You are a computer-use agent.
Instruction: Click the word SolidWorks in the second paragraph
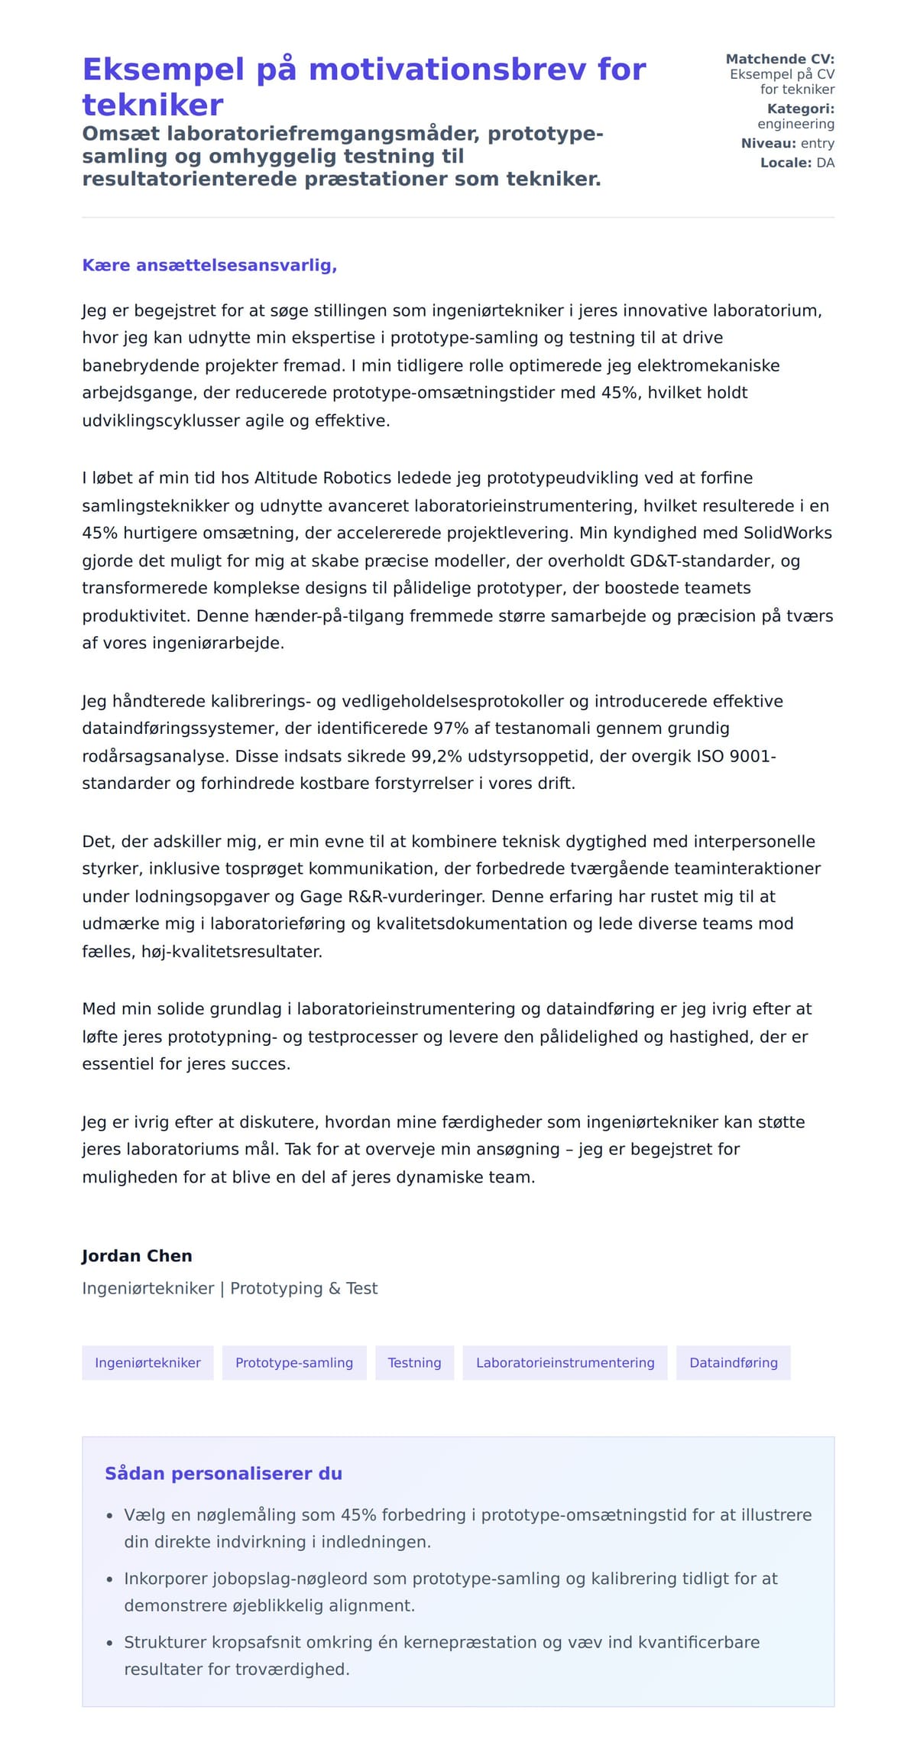(787, 533)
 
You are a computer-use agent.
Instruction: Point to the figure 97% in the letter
(450, 728)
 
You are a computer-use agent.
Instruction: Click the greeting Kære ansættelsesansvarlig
(209, 265)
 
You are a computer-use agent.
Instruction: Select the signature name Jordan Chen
(137, 1256)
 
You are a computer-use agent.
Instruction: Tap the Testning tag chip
(414, 1363)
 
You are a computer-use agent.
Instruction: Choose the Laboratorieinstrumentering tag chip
(565, 1363)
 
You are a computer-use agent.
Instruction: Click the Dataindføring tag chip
(733, 1363)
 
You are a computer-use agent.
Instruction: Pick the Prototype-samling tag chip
(294, 1363)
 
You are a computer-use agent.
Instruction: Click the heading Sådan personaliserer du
(223, 1474)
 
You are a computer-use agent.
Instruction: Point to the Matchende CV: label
(779, 59)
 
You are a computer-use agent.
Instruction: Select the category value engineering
(795, 124)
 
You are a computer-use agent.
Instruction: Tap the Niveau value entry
(817, 143)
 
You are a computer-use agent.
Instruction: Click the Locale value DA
(825, 163)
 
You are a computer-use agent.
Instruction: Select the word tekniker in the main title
(153, 105)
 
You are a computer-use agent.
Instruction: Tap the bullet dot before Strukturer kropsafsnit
(110, 1643)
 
